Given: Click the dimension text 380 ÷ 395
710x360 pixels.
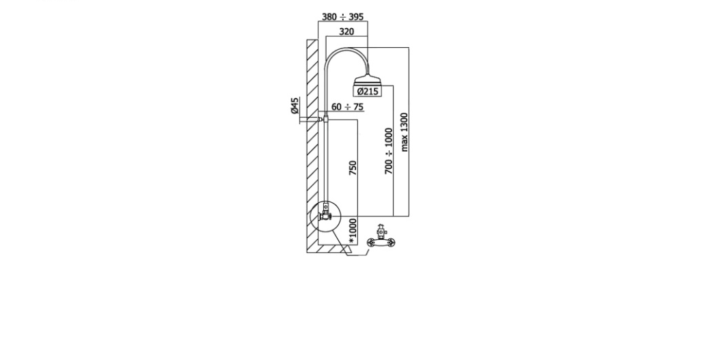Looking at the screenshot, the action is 343,17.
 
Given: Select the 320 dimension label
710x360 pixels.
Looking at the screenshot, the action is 346,31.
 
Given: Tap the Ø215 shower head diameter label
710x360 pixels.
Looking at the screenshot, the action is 367,92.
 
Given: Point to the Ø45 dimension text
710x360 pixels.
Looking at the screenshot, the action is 295,105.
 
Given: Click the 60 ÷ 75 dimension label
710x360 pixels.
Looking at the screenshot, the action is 347,107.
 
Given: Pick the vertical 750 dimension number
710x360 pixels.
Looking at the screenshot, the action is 353,168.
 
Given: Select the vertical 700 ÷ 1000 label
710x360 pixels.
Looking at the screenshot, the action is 389,151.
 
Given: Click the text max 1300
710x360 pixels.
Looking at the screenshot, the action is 404,133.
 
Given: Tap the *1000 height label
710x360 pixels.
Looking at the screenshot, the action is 353,232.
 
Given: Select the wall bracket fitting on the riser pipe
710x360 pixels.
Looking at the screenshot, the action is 324,120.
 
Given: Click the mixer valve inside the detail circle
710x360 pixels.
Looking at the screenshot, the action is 326,213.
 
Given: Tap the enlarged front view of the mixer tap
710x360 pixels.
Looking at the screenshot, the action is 381,237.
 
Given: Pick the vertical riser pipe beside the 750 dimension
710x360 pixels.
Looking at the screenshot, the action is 326,163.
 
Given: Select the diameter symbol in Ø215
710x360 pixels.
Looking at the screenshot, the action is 360,92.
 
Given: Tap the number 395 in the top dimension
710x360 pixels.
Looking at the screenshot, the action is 356,17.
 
